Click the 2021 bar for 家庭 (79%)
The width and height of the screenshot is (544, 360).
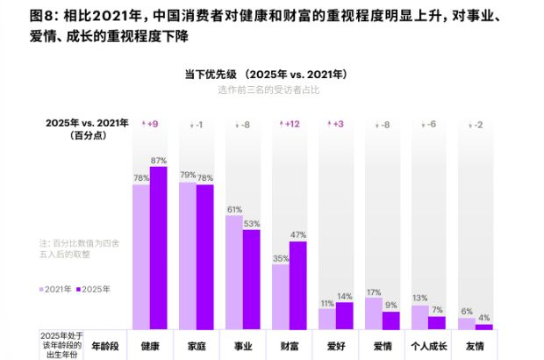tap(188, 256)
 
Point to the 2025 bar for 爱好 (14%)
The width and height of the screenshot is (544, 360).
tap(344, 315)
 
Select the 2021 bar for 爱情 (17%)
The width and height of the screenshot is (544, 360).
tap(374, 313)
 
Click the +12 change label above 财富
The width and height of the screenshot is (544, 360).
tap(292, 125)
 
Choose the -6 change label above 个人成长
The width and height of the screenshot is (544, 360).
tap(430, 125)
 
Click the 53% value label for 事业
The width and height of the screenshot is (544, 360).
tap(252, 224)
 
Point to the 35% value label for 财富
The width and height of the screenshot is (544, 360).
tap(281, 258)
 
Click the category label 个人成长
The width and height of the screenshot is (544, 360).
tap(428, 345)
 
